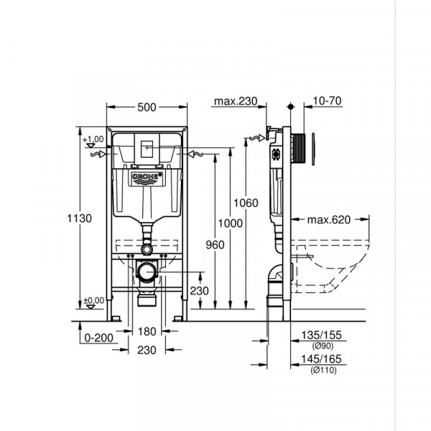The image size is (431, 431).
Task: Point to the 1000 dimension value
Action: (230, 223)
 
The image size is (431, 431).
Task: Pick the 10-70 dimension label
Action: (327, 101)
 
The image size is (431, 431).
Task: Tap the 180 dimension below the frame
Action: (147, 332)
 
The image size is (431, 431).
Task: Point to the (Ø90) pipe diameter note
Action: (320, 344)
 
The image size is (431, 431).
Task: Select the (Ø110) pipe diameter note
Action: (321, 370)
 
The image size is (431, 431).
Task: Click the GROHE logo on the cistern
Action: (147, 176)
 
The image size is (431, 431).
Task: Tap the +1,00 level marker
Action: (93, 139)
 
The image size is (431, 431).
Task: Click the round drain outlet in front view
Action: (148, 272)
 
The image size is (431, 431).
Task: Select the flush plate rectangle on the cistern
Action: (147, 147)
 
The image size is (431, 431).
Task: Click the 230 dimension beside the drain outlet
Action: (200, 291)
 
